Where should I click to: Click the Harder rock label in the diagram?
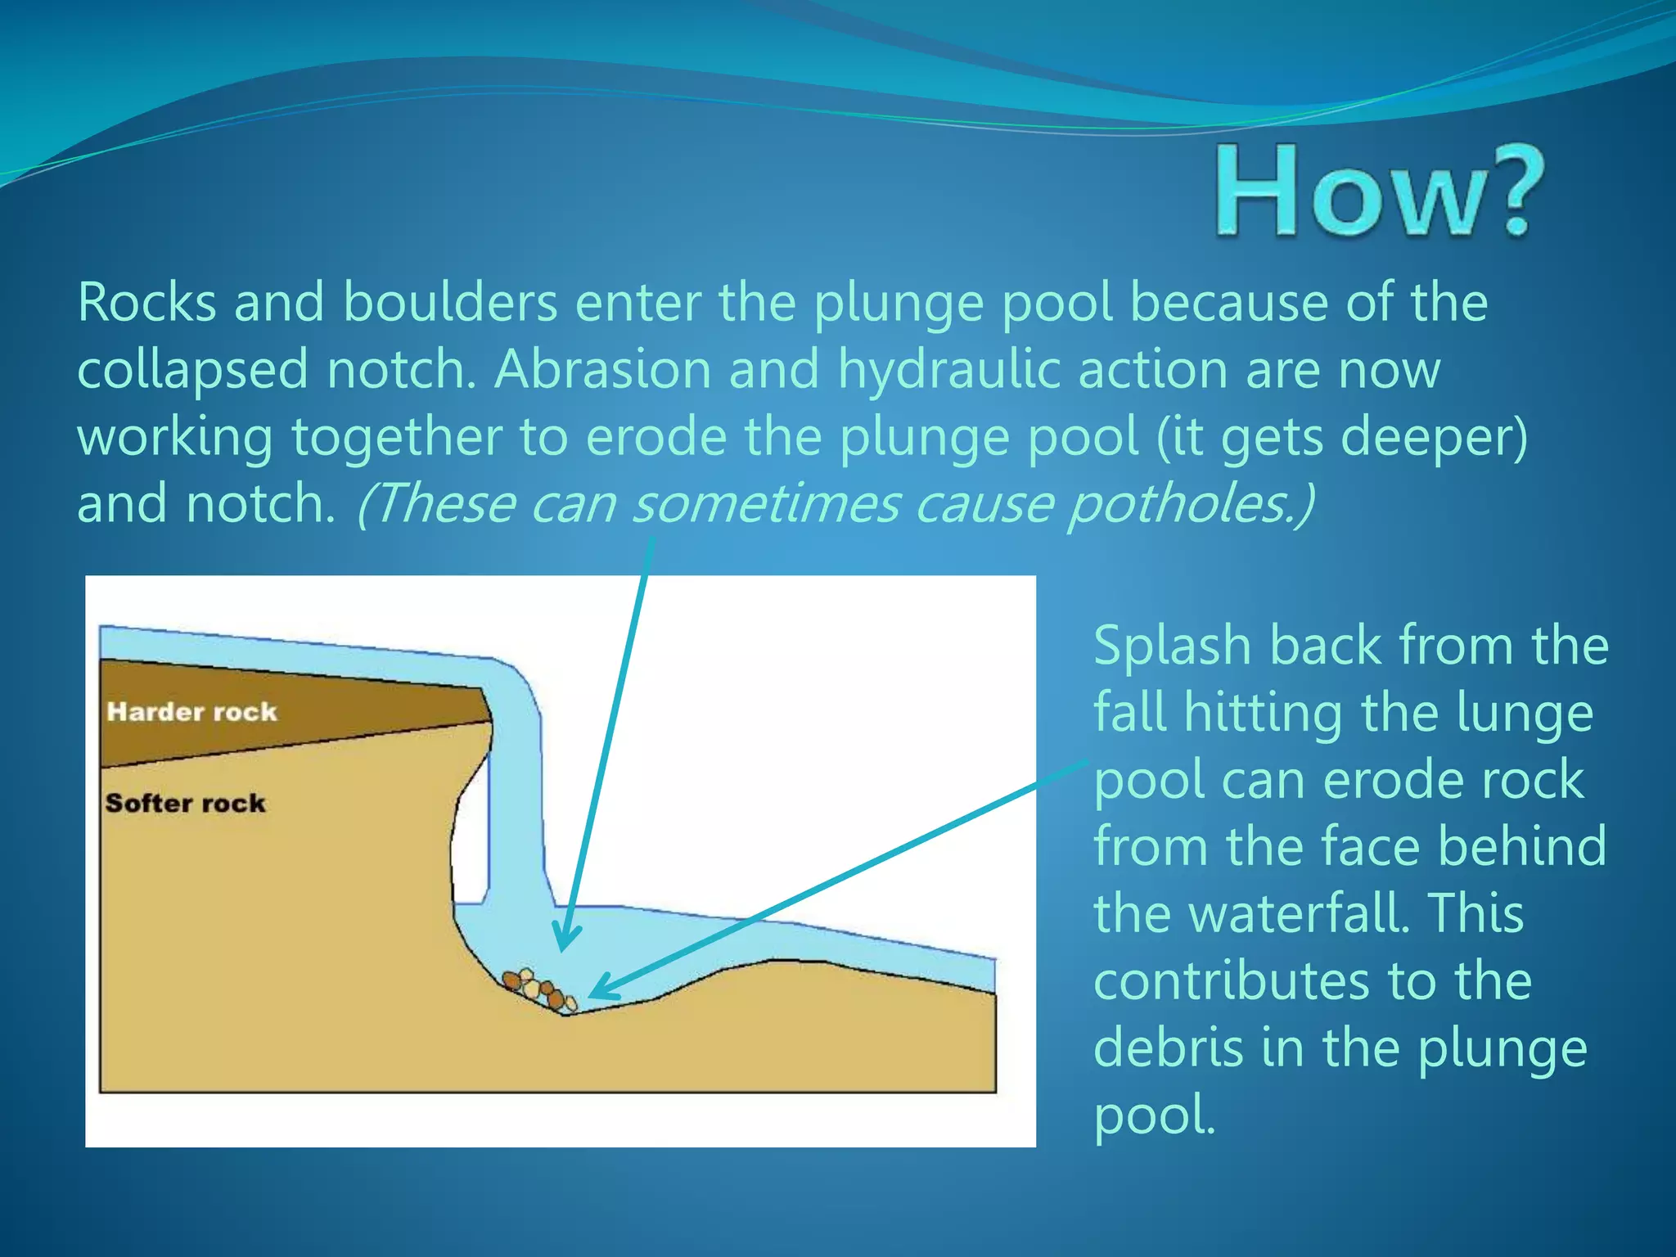[x=191, y=711]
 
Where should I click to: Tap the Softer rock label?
[x=185, y=803]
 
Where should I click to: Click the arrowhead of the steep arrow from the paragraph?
[x=565, y=941]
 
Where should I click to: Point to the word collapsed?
[x=192, y=369]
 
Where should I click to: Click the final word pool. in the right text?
[x=1154, y=1114]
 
